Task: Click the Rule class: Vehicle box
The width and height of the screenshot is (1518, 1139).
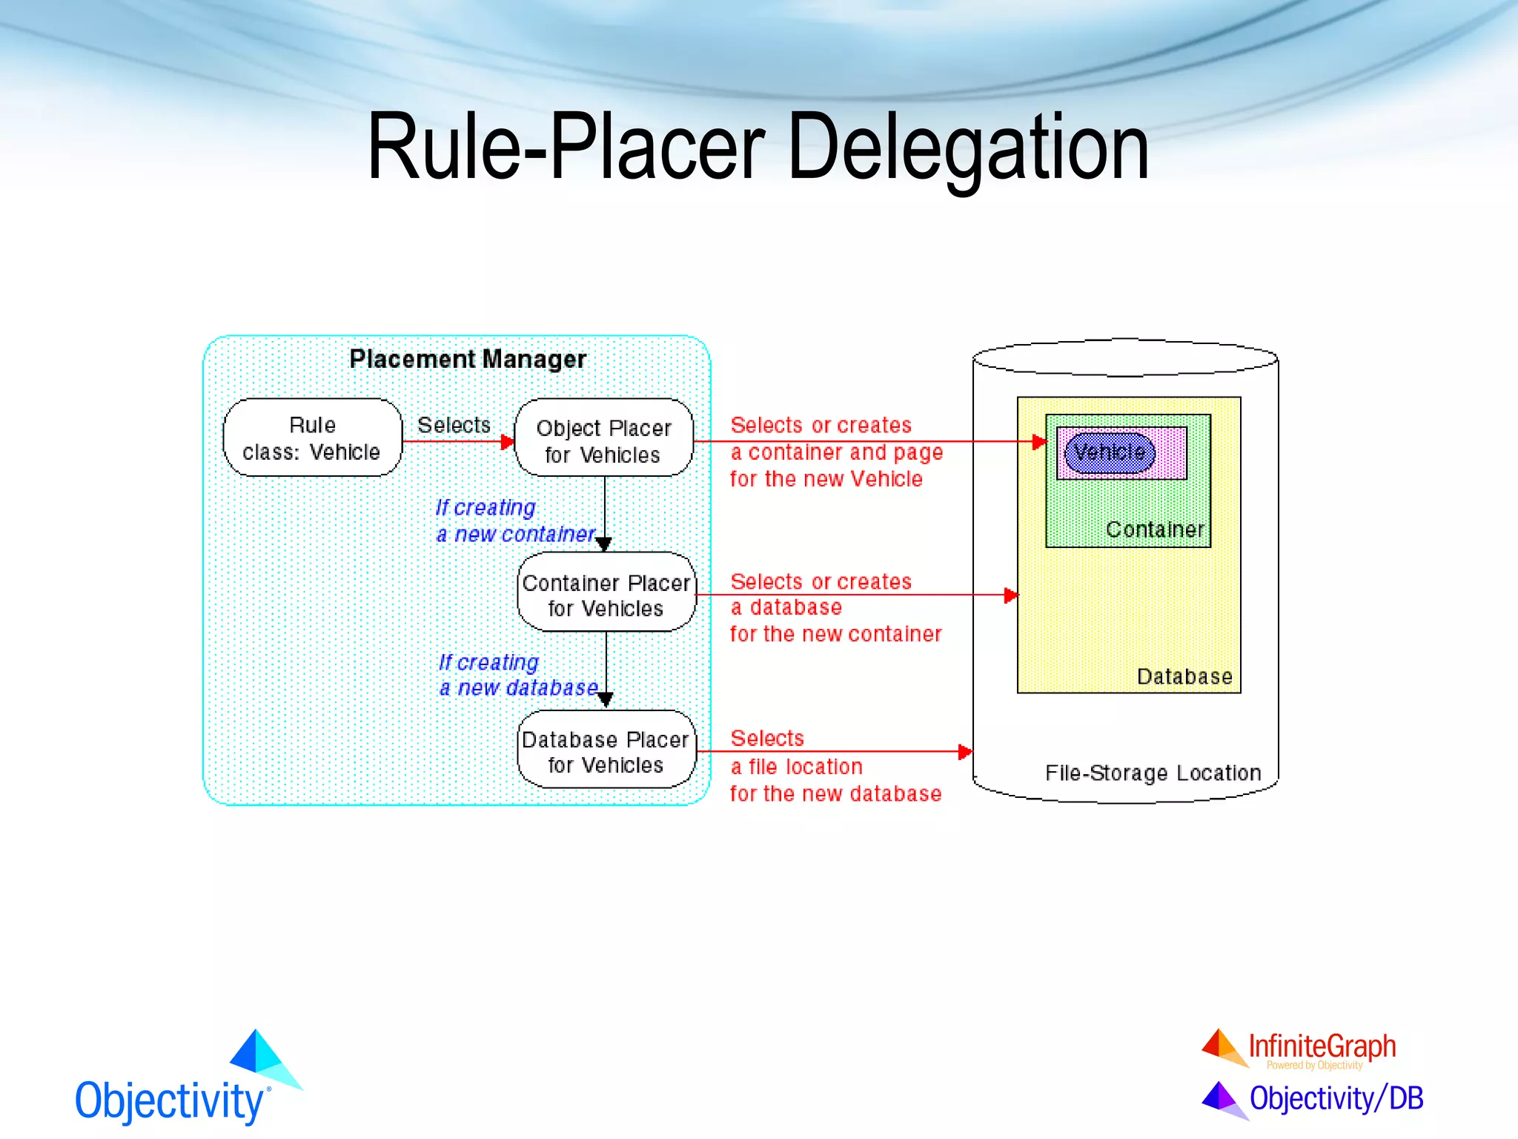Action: [312, 438]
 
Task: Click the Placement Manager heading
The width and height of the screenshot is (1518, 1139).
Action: [468, 359]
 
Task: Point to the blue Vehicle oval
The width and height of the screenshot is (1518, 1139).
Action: [1109, 452]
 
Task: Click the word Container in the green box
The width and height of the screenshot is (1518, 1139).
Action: [1154, 529]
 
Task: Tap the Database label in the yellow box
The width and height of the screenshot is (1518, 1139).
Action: [1184, 676]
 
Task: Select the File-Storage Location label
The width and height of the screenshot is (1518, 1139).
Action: [1153, 773]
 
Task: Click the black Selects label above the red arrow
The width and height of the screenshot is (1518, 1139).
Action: [454, 425]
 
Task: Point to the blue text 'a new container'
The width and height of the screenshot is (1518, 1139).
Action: [515, 534]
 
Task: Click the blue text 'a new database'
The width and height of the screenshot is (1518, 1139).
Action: [518, 688]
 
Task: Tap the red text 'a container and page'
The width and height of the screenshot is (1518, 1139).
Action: [836, 452]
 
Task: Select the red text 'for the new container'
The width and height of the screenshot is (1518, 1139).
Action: [835, 634]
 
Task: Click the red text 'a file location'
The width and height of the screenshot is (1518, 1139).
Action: [796, 767]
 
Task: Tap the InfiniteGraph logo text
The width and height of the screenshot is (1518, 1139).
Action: [1322, 1046]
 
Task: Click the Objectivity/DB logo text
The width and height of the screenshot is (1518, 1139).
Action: [1336, 1098]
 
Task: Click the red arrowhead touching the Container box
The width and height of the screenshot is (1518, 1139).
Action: [1040, 442]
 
